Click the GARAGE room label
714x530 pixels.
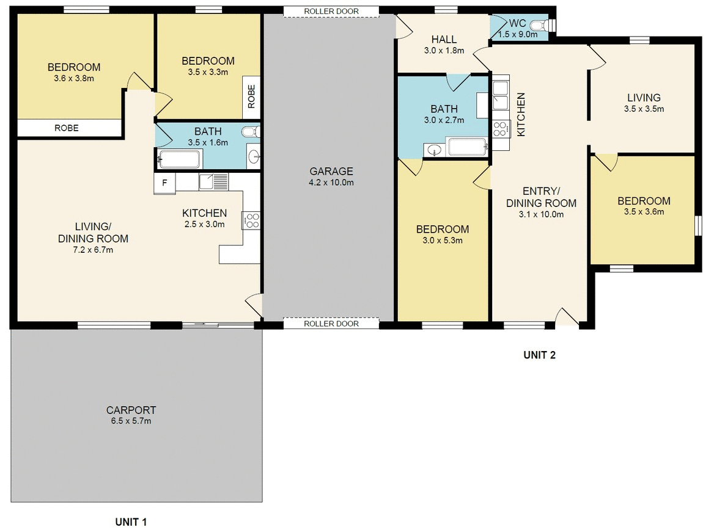[x=331, y=172]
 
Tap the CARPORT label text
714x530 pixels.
[x=131, y=410]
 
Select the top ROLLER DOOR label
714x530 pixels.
[x=331, y=11]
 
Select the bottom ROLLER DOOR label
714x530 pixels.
[x=331, y=324]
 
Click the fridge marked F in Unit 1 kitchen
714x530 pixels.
[x=164, y=183]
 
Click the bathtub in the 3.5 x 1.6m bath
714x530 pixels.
[x=179, y=160]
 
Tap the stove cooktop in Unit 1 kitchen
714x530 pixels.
[x=251, y=220]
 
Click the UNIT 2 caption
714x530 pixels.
[x=539, y=354]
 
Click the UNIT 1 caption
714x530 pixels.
[x=131, y=521]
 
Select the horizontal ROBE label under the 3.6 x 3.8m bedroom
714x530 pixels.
[x=67, y=128]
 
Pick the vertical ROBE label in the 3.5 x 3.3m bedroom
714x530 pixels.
[x=251, y=96]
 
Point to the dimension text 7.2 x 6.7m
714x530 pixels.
[x=93, y=249]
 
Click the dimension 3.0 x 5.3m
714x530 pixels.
[x=442, y=240]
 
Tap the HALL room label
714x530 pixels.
[x=443, y=39]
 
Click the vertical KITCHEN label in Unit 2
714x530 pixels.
[x=521, y=114]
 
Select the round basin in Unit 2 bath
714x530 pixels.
[x=435, y=149]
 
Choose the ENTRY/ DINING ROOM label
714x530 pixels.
[x=541, y=197]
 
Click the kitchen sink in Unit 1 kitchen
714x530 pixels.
[x=213, y=181]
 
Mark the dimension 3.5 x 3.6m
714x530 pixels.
[x=643, y=212]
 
